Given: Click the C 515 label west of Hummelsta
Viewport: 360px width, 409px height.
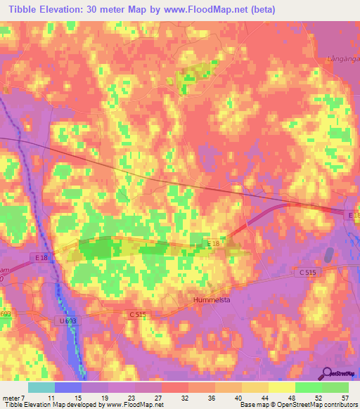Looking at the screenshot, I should click(137, 316).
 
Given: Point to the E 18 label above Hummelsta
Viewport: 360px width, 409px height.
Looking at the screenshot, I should click(213, 243).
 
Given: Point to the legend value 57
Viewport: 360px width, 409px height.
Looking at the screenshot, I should click(344, 398).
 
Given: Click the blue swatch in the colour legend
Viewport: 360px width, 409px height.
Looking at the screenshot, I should click(68, 387).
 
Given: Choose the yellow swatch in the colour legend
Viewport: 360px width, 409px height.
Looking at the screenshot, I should click(281, 387).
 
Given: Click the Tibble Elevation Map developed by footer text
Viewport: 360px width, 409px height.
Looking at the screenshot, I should click(49, 405).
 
